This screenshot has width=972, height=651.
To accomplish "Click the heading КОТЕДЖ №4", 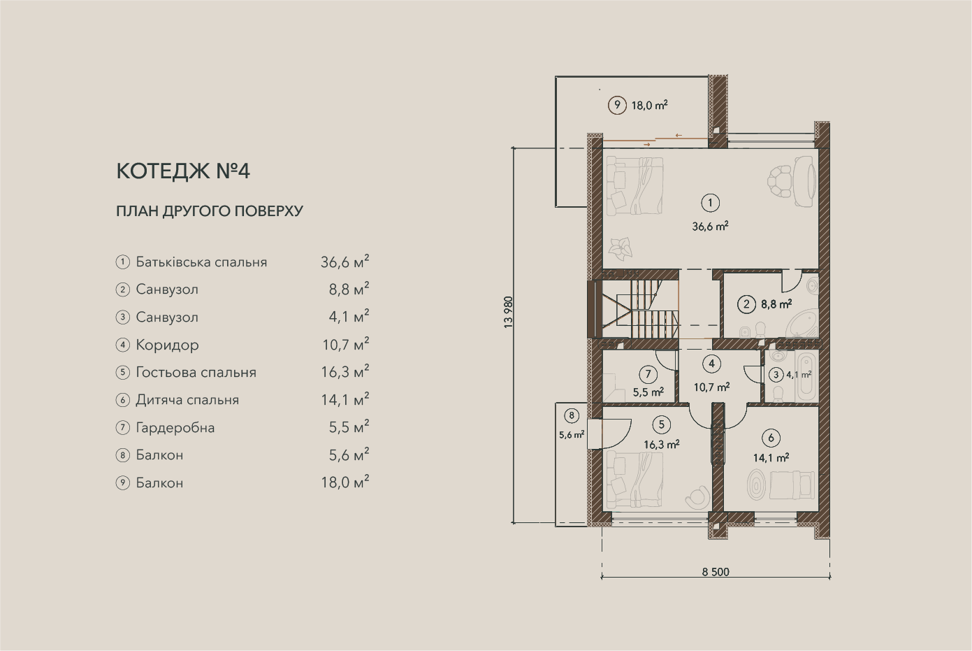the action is tap(183, 171).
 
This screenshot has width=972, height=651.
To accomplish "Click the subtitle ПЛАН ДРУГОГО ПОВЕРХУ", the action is tap(210, 211).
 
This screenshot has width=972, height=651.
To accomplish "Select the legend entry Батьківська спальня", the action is tap(201, 262).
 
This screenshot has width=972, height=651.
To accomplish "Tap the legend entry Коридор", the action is tap(168, 345).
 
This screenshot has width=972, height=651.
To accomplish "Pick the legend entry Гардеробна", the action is tap(175, 428).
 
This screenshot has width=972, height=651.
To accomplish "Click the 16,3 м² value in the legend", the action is tap(345, 371).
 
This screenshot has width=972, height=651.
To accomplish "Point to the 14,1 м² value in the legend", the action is tap(345, 399).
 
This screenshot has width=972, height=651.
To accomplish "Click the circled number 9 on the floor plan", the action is tap(617, 105).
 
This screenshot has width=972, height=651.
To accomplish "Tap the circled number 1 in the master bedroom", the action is tap(711, 203).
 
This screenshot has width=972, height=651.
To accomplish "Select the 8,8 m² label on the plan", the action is tap(776, 304).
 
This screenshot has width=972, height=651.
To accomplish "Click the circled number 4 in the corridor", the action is tap(711, 364).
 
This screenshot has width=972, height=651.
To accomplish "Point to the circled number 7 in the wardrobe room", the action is tap(648, 374).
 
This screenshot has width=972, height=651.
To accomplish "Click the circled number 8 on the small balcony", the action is tap(572, 415).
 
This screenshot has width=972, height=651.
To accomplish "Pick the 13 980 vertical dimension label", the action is tap(508, 313).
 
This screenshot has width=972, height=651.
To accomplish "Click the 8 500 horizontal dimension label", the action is tap(716, 572).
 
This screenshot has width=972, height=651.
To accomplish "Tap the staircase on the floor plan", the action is tap(638, 308).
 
